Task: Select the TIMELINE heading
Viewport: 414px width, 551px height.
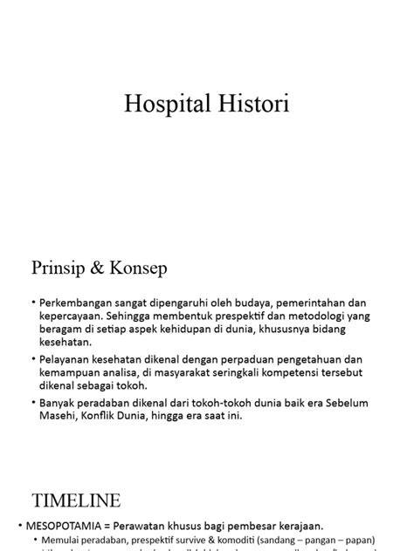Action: [77, 501]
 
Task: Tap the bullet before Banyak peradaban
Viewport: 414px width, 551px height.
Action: [33, 402]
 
